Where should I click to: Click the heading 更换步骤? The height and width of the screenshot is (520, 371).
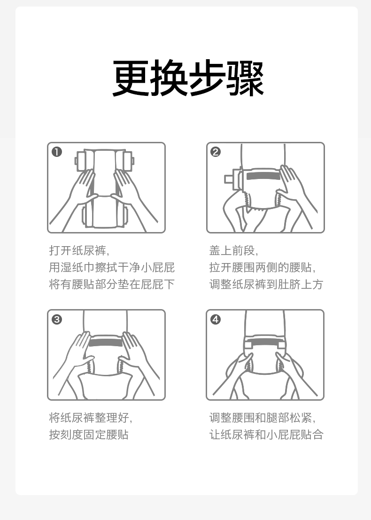[x=188, y=78]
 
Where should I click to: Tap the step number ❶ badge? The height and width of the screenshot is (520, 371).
[x=57, y=152]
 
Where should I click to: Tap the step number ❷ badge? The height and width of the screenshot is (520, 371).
[x=216, y=152]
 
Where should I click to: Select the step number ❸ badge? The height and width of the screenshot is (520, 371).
[x=57, y=319]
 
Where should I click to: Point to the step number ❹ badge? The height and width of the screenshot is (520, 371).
[x=216, y=319]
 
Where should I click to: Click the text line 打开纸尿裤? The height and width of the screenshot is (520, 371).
[x=79, y=250]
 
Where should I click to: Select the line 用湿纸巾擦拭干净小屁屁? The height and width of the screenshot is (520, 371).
[x=112, y=267]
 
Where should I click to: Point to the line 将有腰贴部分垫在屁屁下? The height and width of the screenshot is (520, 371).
[x=112, y=284]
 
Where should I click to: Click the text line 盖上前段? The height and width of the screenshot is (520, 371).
[x=234, y=250]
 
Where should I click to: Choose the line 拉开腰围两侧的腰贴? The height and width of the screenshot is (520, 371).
[x=262, y=267]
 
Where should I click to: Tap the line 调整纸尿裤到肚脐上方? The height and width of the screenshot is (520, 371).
[x=266, y=284]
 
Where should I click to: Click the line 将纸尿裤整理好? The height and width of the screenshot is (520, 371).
[x=91, y=418]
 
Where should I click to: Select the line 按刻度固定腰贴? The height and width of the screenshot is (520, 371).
[x=89, y=435]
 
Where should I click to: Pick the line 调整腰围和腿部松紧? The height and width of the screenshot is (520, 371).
[x=262, y=418]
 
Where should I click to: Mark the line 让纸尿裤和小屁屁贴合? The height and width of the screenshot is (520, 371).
[x=266, y=435]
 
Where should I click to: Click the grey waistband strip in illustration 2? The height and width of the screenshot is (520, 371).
[x=263, y=176]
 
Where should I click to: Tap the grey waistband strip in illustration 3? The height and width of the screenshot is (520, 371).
[x=105, y=342]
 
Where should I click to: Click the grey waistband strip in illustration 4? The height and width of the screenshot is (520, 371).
[x=264, y=343]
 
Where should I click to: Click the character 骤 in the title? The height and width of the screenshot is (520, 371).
[x=245, y=78]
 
